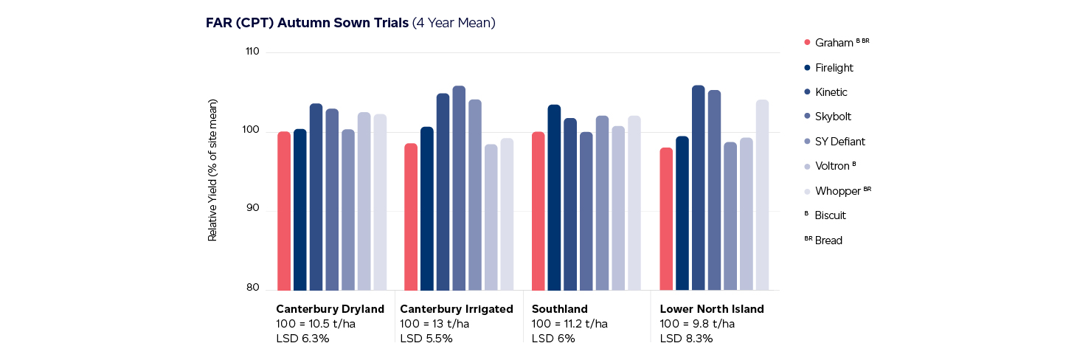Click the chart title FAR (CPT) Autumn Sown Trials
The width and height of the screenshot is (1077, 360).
(x=307, y=23)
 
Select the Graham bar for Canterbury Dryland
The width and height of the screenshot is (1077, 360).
(x=284, y=211)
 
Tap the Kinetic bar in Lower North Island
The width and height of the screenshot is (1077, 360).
(x=699, y=188)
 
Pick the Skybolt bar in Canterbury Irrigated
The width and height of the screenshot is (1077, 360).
(x=459, y=188)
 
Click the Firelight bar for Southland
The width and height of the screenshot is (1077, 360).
(x=554, y=198)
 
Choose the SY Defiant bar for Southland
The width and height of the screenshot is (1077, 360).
(x=602, y=203)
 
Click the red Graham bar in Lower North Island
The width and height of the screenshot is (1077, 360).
(x=666, y=219)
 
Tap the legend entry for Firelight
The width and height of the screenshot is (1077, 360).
(x=834, y=68)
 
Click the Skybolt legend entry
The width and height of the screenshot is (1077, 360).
(x=833, y=117)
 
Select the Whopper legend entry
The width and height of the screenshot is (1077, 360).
(x=837, y=191)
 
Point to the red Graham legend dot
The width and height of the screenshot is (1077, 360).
(x=807, y=43)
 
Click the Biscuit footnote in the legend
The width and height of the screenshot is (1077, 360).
(x=830, y=215)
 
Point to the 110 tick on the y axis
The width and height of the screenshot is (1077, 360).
(x=252, y=52)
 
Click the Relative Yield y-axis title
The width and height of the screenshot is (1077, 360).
(x=212, y=170)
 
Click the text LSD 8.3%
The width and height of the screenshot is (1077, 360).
(x=686, y=339)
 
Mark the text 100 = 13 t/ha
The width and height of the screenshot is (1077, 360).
(x=434, y=324)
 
